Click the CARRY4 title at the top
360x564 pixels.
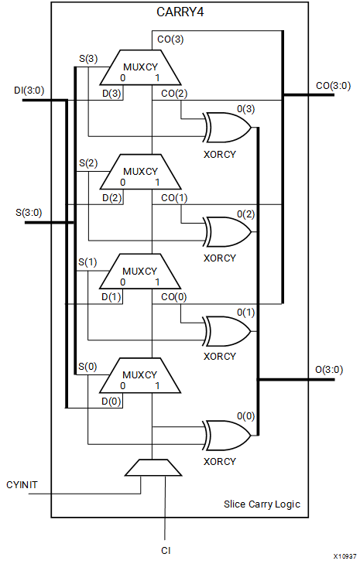(x=180, y=12)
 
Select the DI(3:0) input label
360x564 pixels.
(x=29, y=91)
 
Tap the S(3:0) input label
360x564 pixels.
(x=29, y=213)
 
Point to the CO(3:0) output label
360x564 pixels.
(x=333, y=86)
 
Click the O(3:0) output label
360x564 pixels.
(x=329, y=369)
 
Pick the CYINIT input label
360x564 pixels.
(x=22, y=485)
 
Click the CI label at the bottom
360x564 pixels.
(x=166, y=551)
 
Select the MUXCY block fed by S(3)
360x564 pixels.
(x=140, y=67)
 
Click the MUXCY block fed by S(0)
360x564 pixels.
(x=140, y=375)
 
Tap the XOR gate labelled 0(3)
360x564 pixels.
(x=228, y=128)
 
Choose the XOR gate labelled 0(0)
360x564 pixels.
(x=228, y=436)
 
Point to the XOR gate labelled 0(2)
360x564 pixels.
(x=228, y=232)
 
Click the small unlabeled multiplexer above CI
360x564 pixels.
(x=153, y=467)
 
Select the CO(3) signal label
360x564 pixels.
(x=170, y=39)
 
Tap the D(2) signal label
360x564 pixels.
(x=112, y=198)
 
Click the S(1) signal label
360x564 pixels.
(x=87, y=262)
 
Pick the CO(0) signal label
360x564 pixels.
(x=174, y=297)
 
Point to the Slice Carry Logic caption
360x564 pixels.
(x=262, y=504)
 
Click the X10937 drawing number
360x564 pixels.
(x=345, y=556)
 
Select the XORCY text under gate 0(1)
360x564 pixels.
(x=220, y=356)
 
